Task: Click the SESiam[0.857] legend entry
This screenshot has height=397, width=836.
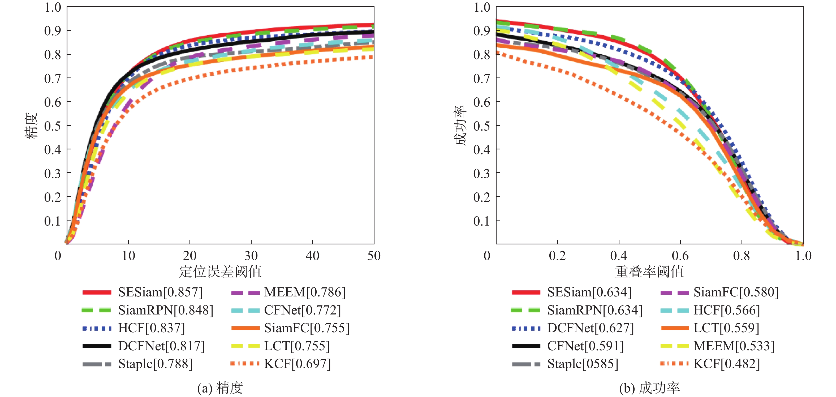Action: [160, 292]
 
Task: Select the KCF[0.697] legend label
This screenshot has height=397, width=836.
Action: [297, 364]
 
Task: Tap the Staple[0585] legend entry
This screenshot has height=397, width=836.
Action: [583, 364]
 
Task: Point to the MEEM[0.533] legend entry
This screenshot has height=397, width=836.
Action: [734, 346]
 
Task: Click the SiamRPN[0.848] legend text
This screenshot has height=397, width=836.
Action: [166, 310]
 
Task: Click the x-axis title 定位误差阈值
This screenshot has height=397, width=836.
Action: [220, 271]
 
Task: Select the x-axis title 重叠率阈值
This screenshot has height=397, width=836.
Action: [649, 271]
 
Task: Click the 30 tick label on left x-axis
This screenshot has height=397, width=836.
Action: [251, 256]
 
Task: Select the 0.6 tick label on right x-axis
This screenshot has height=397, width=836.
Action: [680, 256]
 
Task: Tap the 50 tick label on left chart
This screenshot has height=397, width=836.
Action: [373, 256]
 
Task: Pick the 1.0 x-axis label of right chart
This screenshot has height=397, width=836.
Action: [803, 256]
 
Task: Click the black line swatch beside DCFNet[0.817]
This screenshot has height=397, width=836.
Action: [97, 346]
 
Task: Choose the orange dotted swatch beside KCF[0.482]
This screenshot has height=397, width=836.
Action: [674, 364]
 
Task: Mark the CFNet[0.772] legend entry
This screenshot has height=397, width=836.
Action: [302, 310]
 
